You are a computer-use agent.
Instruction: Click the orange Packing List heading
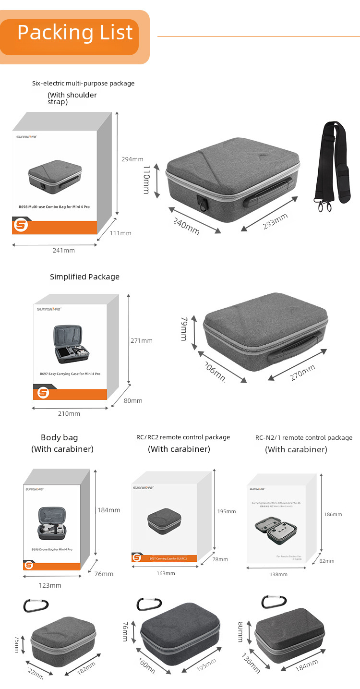75,33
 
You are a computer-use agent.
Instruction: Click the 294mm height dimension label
132,159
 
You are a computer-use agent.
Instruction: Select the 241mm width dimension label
63,250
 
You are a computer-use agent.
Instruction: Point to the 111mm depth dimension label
120,233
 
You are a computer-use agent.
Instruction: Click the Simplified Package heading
84,277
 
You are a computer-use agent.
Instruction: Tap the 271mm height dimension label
141,341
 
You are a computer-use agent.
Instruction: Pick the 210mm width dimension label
69,414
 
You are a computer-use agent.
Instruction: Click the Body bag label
59,437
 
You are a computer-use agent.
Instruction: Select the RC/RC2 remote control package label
183,437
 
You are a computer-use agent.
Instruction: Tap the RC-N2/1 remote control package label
304,438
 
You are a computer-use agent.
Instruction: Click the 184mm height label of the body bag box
109,510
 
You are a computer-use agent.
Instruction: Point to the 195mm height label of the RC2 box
227,511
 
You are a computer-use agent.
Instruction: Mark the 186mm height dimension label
333,514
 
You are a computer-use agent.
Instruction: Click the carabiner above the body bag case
36,605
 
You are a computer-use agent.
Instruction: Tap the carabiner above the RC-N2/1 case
274,602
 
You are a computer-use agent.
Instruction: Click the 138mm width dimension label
278,574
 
